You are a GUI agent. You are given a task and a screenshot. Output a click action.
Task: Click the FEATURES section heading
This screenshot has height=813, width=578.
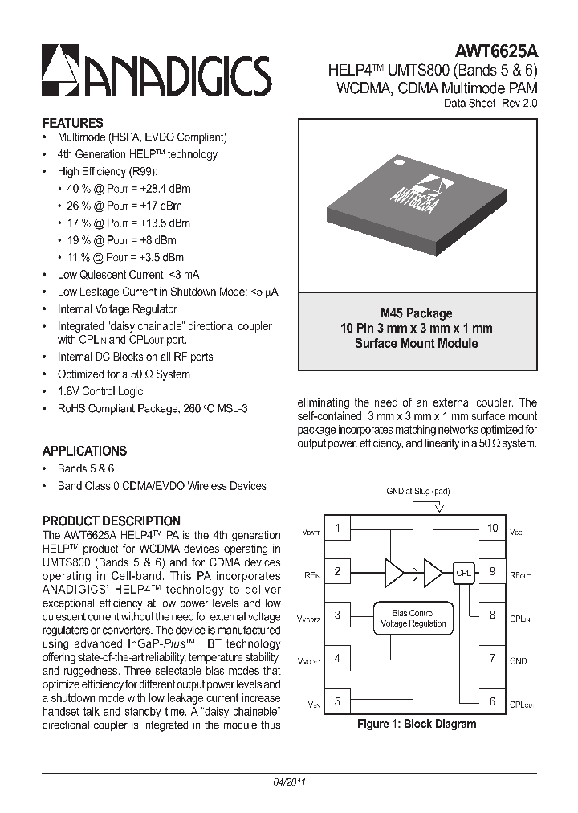[72, 123]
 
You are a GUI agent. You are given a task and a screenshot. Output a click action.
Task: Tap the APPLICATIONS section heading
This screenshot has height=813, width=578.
[84, 451]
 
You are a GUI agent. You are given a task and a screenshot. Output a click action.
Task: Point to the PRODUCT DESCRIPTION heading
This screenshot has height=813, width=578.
[111, 521]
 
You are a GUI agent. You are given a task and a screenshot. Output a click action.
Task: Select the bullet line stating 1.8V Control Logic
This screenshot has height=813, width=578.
[100, 391]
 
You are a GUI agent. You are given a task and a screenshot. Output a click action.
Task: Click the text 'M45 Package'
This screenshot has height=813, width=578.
[416, 313]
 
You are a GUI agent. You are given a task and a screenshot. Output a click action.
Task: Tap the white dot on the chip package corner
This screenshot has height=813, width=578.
[396, 161]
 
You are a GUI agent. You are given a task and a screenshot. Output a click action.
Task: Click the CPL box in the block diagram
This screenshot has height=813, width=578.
[463, 574]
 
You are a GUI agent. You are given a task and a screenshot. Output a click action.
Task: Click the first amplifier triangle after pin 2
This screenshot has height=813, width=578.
[394, 573]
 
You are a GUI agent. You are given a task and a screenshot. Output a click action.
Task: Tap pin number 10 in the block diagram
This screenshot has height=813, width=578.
[492, 529]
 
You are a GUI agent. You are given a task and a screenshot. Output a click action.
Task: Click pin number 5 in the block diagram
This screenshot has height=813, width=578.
[338, 701]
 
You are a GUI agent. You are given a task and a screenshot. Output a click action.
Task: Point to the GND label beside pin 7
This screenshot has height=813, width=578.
[519, 660]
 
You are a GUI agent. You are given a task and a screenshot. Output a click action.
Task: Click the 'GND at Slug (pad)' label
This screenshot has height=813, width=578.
[418, 490]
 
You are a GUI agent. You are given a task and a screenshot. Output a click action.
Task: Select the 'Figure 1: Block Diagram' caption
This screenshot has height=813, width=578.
[417, 724]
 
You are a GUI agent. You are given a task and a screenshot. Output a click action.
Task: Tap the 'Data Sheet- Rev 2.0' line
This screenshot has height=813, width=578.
[490, 103]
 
